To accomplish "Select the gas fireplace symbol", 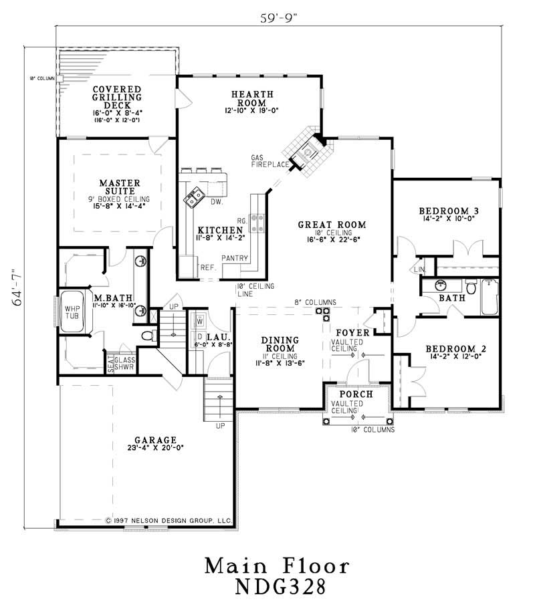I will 307,153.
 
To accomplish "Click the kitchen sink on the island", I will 195,197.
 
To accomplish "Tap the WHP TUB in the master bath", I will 72,312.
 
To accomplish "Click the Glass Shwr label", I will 125,363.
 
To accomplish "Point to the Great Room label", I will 332,225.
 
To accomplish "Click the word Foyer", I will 348,332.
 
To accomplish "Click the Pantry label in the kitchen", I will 235,259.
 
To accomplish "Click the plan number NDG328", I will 277,588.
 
